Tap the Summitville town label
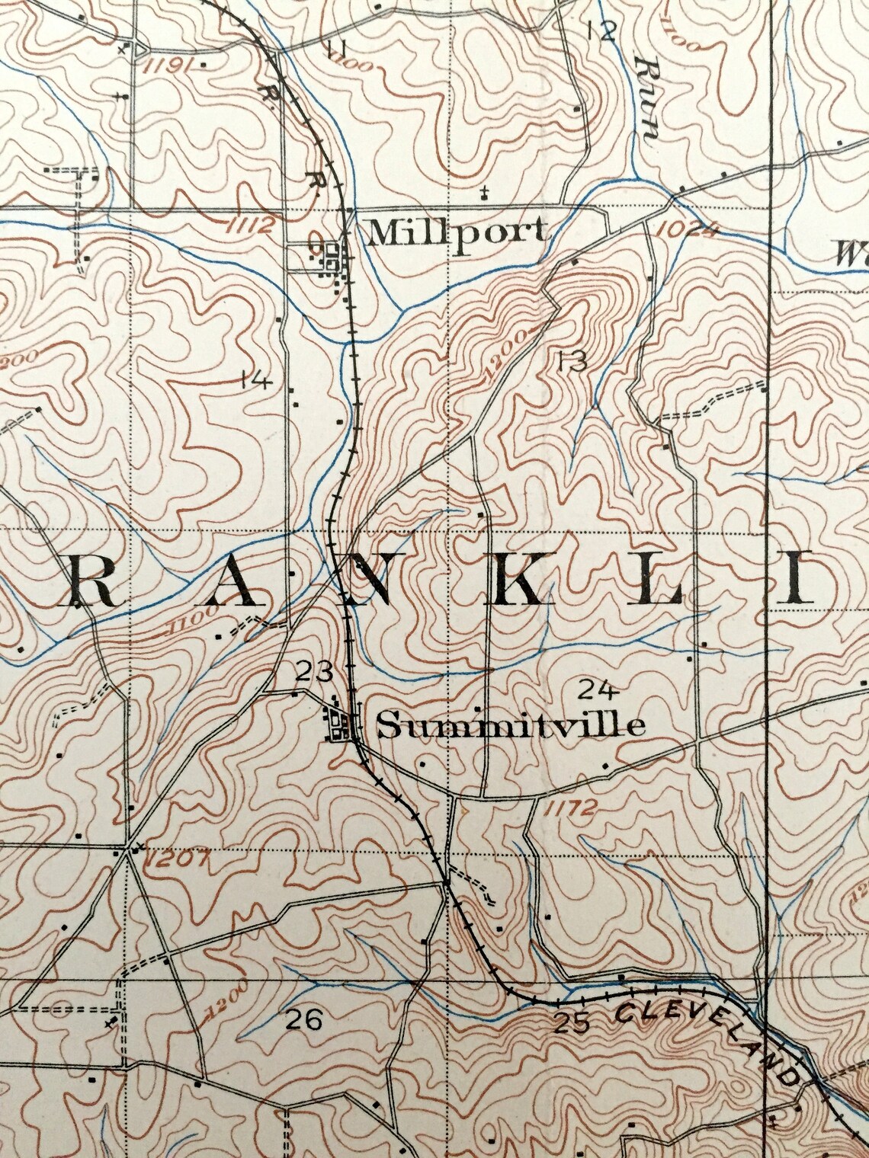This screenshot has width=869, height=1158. point(511,725)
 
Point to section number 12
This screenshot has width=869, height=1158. point(601,30)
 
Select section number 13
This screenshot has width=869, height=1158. point(572,361)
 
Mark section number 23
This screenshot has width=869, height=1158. point(314,672)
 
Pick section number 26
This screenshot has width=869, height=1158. point(303,1019)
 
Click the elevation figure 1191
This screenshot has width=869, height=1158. point(166,64)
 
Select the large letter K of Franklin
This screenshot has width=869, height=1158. point(518,584)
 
